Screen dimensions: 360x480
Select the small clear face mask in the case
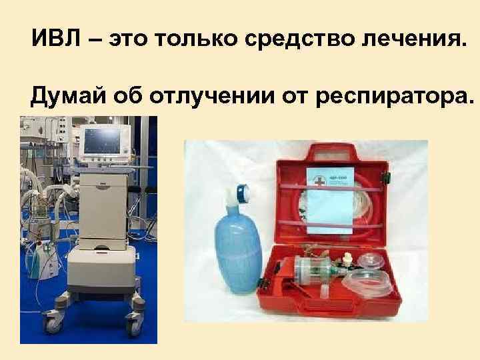(x=371, y=259)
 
